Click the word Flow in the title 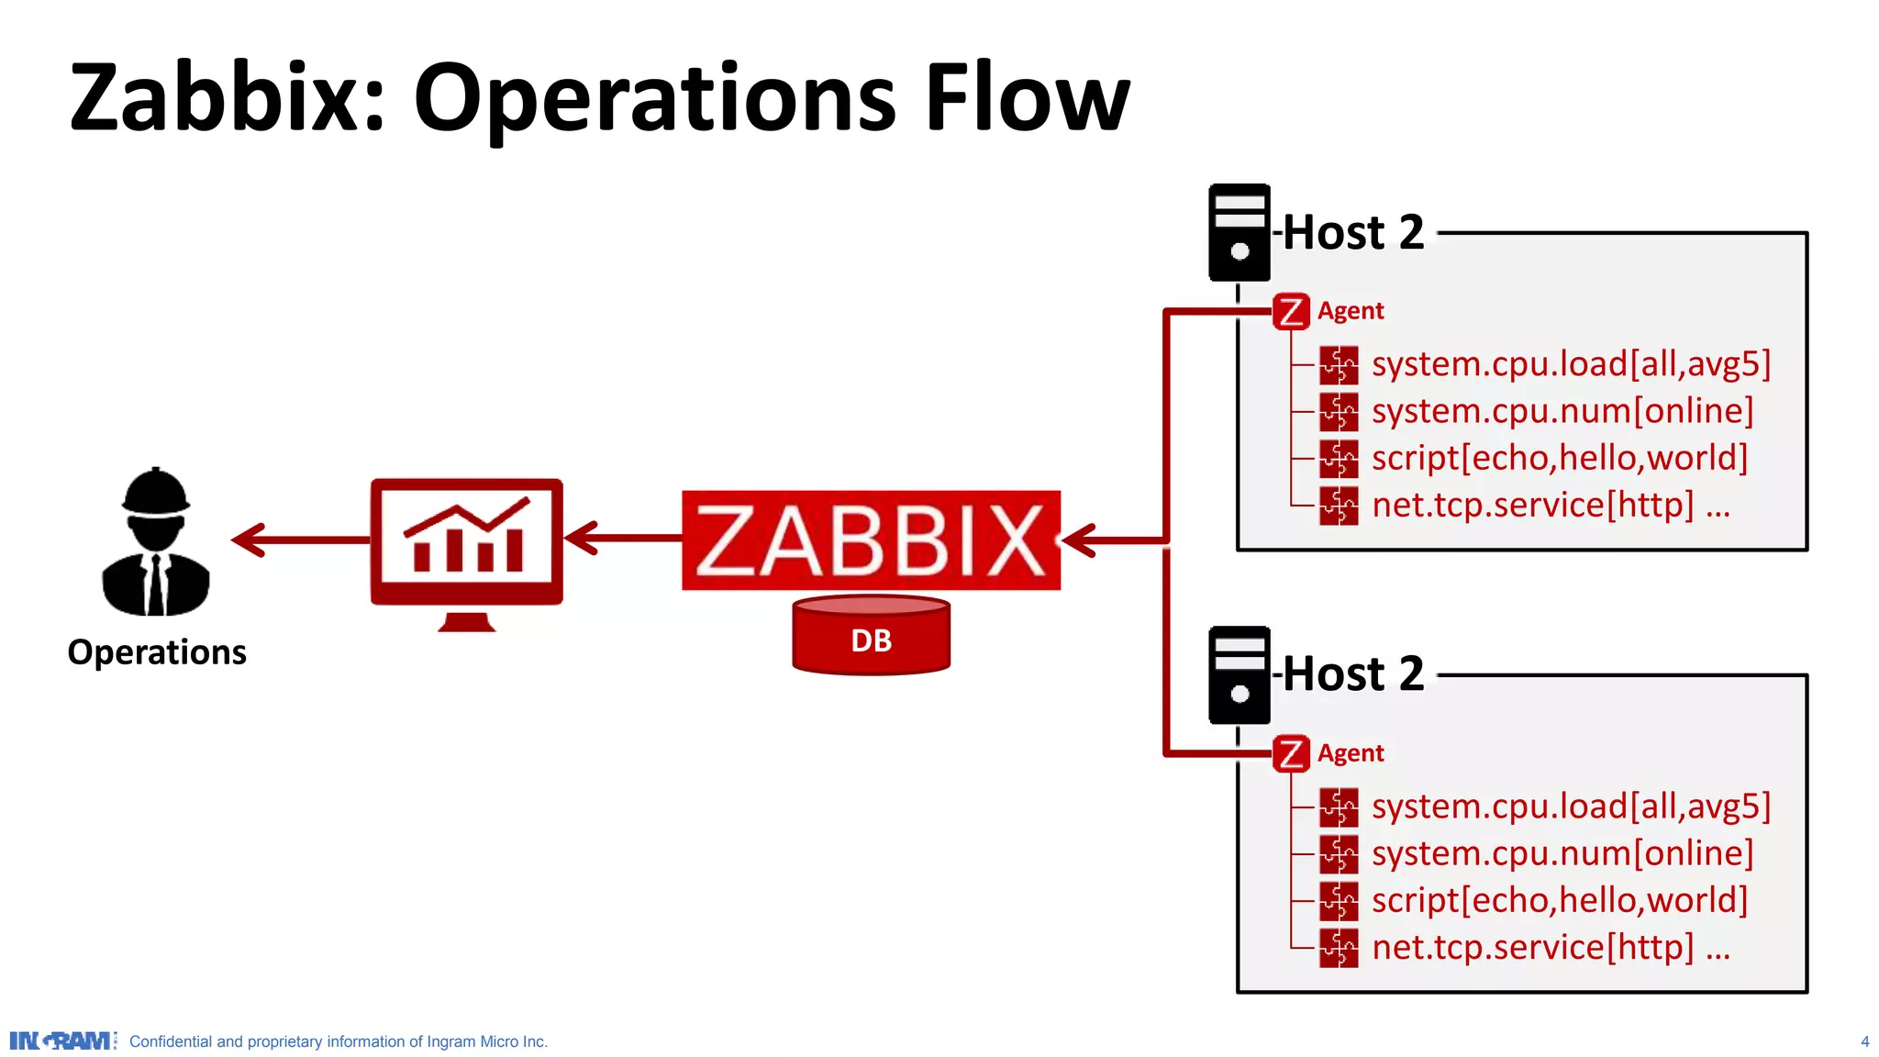point(1027,97)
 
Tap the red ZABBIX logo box point(871,540)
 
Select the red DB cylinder point(871,636)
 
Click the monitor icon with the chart point(466,543)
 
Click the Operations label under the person point(157,652)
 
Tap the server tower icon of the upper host point(1239,232)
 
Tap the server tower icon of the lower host point(1239,675)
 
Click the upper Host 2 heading point(1352,232)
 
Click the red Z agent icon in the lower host point(1291,754)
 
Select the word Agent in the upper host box point(1351,311)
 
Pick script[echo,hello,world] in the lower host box point(1560,900)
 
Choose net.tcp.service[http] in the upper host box point(1532,505)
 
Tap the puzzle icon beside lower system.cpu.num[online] point(1339,854)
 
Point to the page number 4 point(1864,1041)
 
